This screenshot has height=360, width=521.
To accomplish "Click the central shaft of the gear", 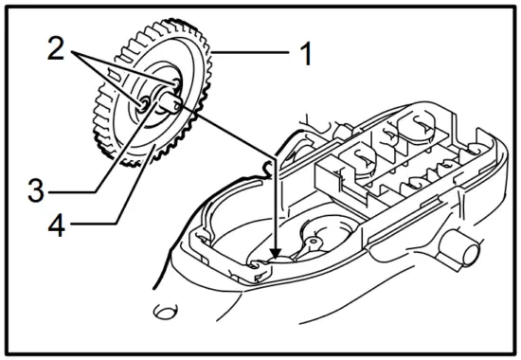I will tap(170, 97).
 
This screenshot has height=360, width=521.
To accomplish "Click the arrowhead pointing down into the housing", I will tap(276, 252).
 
